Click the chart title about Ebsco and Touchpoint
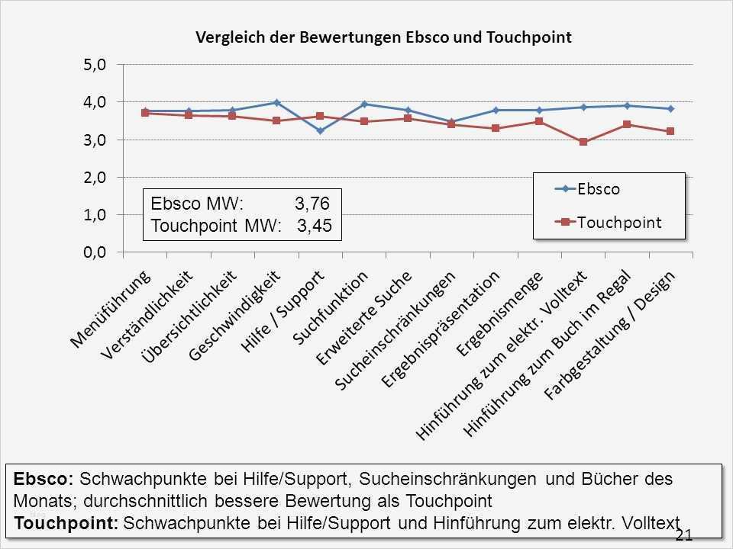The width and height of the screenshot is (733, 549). [383, 37]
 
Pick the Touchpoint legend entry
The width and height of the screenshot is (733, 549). [619, 222]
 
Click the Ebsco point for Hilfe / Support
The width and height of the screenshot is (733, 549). [320, 130]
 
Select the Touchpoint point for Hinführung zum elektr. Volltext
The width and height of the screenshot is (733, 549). [583, 142]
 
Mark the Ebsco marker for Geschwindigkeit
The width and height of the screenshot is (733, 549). [276, 102]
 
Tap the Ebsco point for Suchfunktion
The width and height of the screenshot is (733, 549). [364, 104]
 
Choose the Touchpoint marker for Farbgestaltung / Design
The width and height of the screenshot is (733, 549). [670, 131]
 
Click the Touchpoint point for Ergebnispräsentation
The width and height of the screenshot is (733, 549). [496, 128]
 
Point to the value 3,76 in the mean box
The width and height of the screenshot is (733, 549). [312, 204]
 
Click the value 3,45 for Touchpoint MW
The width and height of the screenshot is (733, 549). [315, 226]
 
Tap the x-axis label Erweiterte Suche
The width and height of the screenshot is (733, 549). [365, 317]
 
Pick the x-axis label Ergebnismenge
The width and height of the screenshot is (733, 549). [500, 313]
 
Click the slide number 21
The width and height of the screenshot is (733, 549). [684, 535]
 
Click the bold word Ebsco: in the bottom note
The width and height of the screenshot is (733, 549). [44, 480]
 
